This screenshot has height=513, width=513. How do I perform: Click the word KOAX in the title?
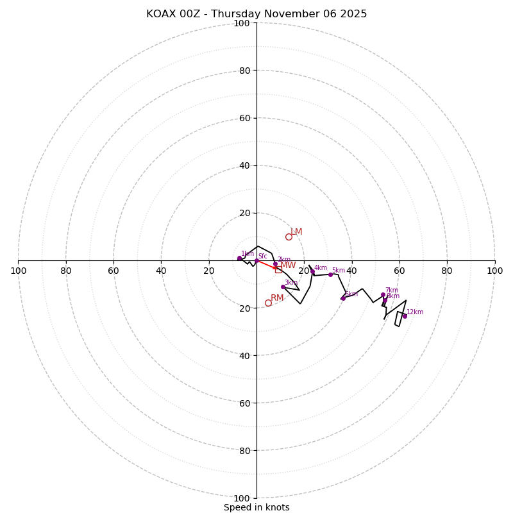[160, 14]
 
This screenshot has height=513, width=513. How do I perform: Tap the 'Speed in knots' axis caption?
[256, 507]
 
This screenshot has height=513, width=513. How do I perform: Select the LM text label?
[296, 232]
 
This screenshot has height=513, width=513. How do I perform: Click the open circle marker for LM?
[289, 237]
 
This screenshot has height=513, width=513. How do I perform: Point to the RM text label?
[277, 298]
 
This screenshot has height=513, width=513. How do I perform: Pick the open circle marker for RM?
[268, 303]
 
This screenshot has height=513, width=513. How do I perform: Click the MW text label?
[288, 265]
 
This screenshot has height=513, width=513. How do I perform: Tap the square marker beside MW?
[278, 270]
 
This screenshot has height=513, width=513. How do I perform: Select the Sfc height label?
[262, 256]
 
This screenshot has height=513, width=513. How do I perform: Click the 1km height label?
[248, 254]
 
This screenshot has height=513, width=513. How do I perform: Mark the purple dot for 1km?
[239, 258]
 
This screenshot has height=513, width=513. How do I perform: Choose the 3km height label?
[291, 283]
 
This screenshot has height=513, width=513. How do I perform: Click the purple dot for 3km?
[283, 287]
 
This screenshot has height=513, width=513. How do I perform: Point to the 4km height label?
[321, 268]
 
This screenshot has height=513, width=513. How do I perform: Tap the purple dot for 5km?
[331, 274]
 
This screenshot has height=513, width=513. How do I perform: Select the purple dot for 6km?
[343, 298]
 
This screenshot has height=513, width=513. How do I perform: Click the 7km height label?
[392, 290]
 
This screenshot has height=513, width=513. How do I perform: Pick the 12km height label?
[415, 312]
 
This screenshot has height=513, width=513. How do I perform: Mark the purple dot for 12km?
[405, 315]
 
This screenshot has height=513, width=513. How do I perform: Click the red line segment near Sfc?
[265, 264]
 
